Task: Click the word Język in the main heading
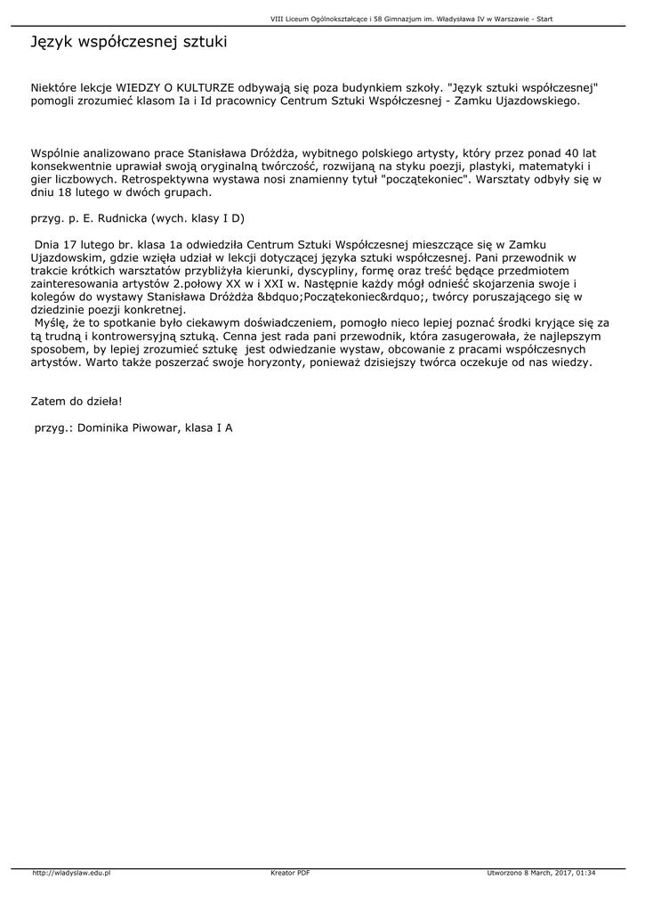(x=52, y=42)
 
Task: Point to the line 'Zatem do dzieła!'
(x=77, y=402)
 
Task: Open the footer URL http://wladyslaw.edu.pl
(x=71, y=872)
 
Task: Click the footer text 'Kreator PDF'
(x=290, y=872)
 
